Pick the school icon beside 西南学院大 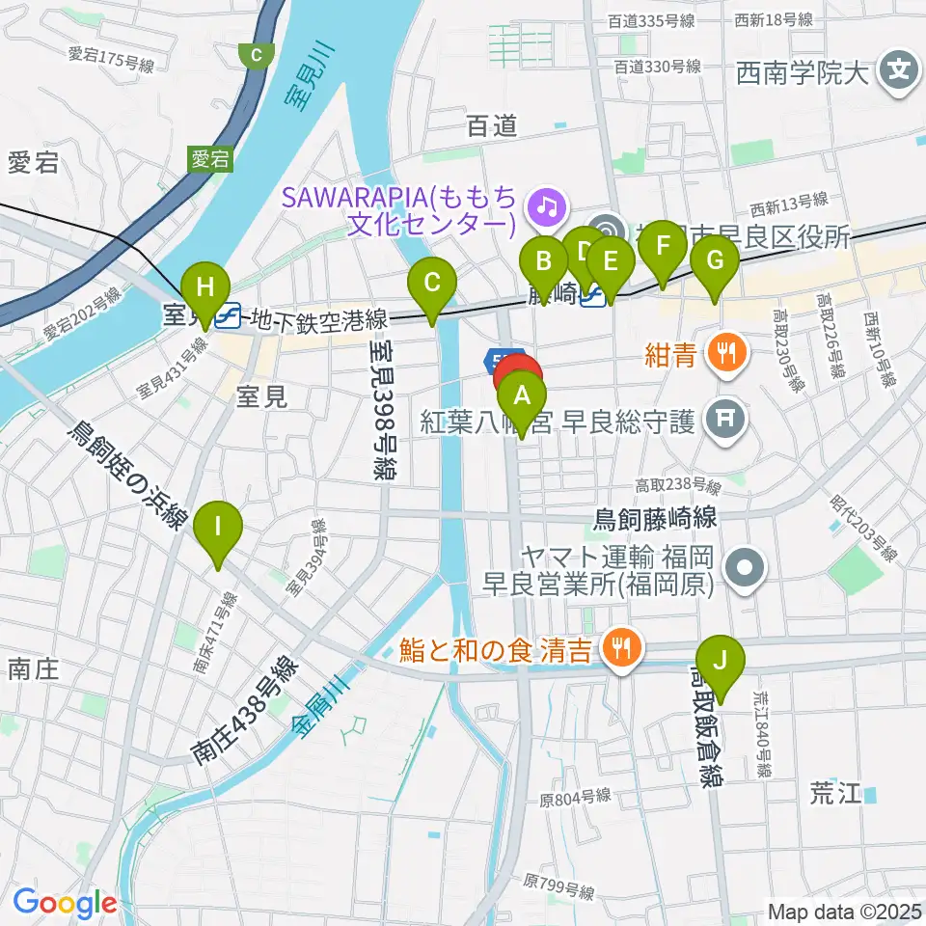tap(899, 71)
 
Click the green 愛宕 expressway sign tap(209, 159)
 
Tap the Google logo tap(65, 902)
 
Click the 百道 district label tap(491, 125)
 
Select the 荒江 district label tap(834, 793)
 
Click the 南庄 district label tap(35, 667)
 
